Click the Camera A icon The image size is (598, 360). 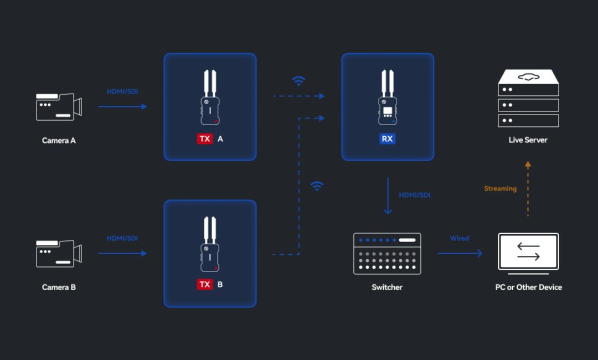pos(59,107)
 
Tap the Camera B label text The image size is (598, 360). pos(59,287)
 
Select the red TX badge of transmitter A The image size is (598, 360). pos(205,139)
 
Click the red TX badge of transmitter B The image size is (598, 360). pos(205,285)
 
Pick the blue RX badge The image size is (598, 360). pos(388,139)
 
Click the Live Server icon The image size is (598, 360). pos(528,98)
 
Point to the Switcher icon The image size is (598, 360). pos(387,254)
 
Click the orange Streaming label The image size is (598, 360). pos(500,188)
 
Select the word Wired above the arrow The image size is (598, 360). pos(459,238)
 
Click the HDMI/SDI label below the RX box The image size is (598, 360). pos(415,196)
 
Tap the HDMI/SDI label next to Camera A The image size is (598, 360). pos(122,91)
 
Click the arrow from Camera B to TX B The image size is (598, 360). pos(122,253)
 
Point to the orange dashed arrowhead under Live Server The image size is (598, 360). pos(528,164)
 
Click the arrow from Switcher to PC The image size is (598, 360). pos(460,253)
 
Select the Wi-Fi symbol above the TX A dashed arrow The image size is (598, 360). pos(298,81)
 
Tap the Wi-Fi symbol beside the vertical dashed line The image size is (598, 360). pos(317,186)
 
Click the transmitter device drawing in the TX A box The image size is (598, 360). pos(210,97)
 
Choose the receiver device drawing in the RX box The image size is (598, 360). pos(388,97)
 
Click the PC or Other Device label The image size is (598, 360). pos(529,287)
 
